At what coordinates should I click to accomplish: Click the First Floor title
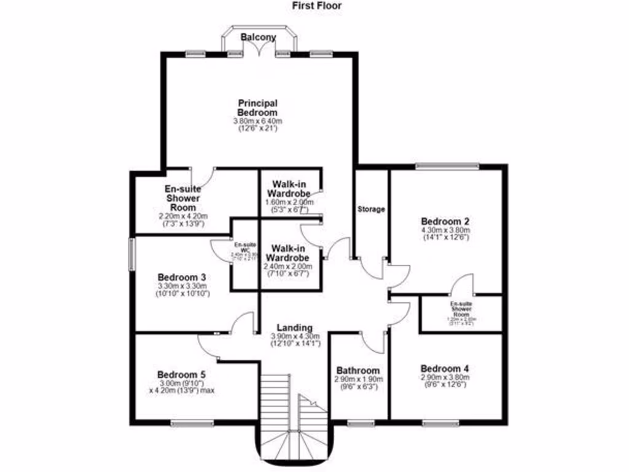(x=316, y=6)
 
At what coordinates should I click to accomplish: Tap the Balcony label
(x=258, y=37)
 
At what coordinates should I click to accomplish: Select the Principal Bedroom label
(x=257, y=108)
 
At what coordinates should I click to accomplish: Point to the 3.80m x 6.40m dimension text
(x=257, y=122)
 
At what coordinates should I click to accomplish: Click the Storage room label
(x=371, y=209)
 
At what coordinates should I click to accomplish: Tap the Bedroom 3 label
(x=181, y=277)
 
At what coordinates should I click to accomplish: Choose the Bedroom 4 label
(x=445, y=369)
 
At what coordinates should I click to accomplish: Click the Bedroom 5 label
(x=181, y=374)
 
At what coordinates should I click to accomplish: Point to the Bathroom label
(x=358, y=371)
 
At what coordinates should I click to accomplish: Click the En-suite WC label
(x=244, y=246)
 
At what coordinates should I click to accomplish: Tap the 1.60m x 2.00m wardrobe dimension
(x=289, y=203)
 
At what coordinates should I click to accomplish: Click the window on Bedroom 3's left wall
(x=131, y=253)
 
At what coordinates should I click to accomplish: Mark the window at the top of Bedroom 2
(x=447, y=165)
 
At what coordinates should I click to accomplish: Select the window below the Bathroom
(x=360, y=423)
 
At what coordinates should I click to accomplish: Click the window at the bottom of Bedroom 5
(x=192, y=423)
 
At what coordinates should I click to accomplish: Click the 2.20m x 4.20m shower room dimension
(x=183, y=216)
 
